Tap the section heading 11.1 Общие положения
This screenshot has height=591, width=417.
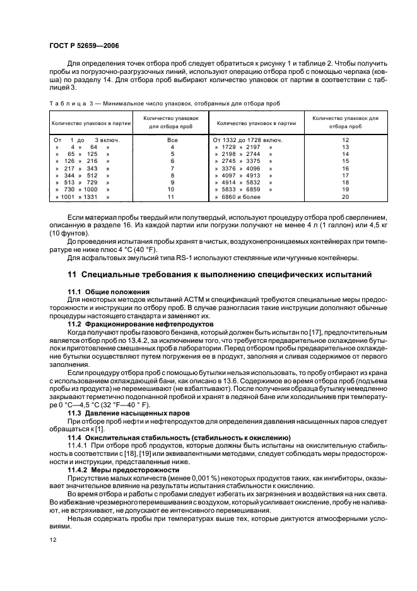[x=108, y=291]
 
